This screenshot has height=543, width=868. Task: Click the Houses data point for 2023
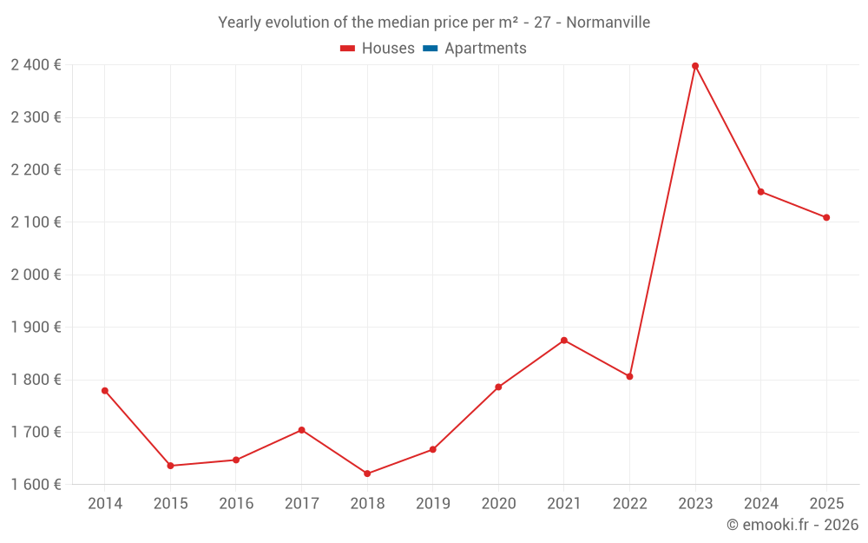tap(695, 66)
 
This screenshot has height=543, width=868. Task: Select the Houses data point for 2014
tap(105, 391)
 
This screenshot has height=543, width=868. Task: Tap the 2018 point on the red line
tap(367, 473)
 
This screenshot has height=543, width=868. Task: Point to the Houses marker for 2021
tap(564, 341)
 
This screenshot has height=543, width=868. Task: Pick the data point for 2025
tap(826, 217)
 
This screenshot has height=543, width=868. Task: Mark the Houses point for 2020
tap(498, 387)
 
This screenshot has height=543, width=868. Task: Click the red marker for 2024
tap(761, 192)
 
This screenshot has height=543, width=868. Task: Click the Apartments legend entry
tap(485, 49)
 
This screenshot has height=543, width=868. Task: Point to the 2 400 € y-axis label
tap(36, 65)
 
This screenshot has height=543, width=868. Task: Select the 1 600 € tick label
tap(36, 485)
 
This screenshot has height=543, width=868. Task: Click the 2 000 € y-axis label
tap(36, 275)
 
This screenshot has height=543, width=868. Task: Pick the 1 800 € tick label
tap(36, 380)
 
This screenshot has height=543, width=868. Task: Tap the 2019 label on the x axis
tap(432, 504)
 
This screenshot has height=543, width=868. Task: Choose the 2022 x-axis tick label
tap(629, 504)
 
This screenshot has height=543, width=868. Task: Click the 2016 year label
tap(236, 504)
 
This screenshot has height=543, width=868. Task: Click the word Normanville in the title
tap(608, 23)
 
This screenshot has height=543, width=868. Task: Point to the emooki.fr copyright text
tap(792, 525)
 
